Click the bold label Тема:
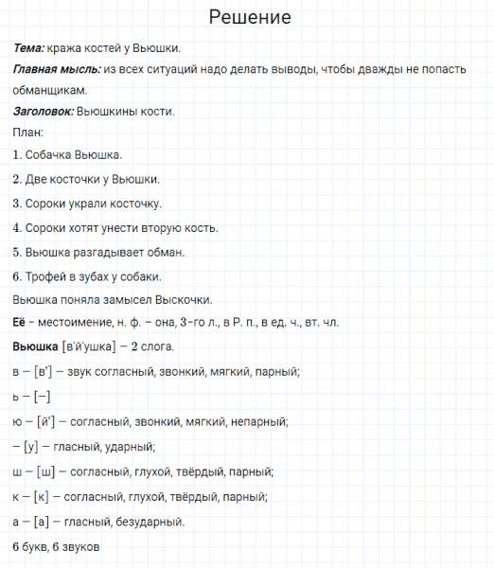click(x=34, y=47)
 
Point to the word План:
click(x=29, y=133)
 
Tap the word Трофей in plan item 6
click(x=48, y=276)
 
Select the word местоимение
click(x=72, y=323)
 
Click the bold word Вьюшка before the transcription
click(x=36, y=347)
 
